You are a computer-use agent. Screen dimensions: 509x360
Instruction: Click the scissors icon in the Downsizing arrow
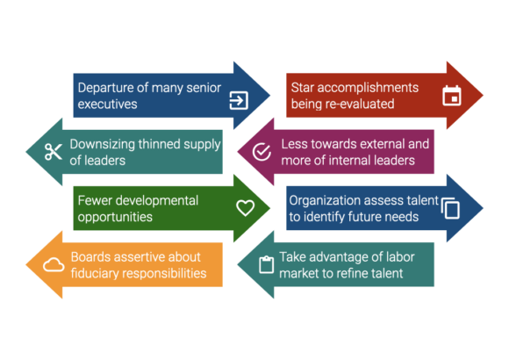point(54,152)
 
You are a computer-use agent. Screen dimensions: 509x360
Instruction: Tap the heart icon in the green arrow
point(245,208)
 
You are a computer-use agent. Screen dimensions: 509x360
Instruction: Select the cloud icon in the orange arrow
point(54,265)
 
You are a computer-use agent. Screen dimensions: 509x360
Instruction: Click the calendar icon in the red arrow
point(452,96)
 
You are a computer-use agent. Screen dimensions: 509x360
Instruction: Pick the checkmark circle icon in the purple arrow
point(262,152)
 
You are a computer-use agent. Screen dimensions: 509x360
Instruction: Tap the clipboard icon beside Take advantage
point(266,265)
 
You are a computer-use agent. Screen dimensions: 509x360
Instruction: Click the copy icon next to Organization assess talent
point(450,208)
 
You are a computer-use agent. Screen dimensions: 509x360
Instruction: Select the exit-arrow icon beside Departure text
point(239,100)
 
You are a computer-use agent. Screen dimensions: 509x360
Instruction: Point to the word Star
point(302,88)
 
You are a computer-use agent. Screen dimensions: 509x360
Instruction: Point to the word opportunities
point(115,218)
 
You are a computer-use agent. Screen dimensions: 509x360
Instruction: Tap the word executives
point(107,104)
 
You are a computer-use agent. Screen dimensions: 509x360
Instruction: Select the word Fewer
point(95,200)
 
